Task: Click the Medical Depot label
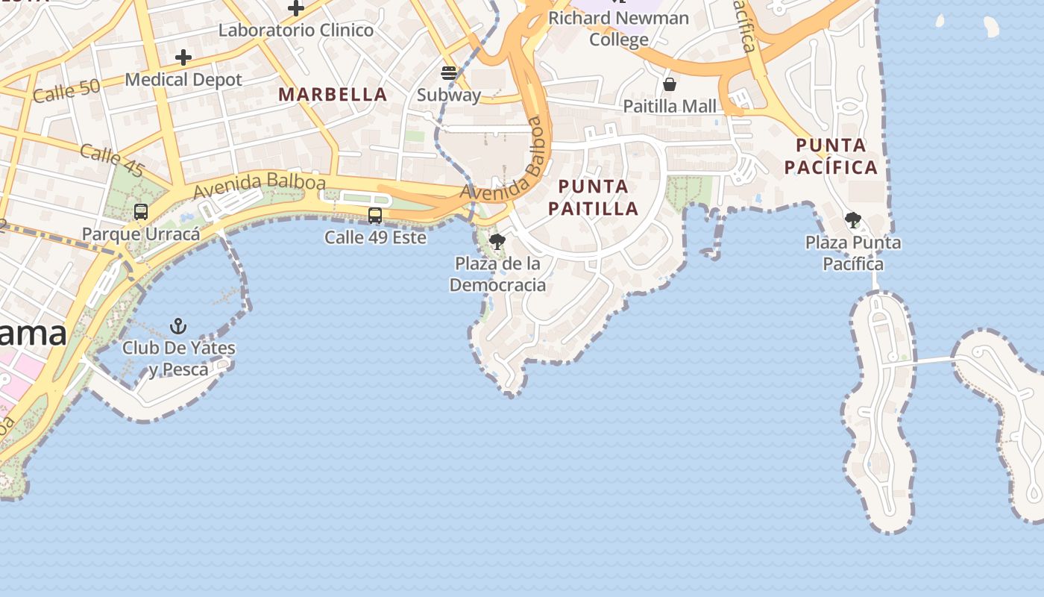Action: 183,80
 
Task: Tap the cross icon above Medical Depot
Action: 183,57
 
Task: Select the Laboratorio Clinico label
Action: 296,31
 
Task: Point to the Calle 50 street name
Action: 66,91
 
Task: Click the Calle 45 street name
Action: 112,160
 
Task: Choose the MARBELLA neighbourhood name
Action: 333,95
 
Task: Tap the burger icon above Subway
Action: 449,72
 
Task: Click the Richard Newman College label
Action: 619,28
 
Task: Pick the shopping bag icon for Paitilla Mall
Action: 670,84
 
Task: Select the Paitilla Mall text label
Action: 670,106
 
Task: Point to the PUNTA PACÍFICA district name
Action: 831,156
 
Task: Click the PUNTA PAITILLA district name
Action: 594,197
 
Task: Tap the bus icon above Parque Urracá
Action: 141,212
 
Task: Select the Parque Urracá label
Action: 141,234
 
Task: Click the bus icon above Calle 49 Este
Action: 375,216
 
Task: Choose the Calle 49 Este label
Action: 375,238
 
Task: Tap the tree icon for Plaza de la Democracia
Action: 497,242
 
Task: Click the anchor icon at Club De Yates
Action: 178,326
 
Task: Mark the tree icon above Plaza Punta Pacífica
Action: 853,220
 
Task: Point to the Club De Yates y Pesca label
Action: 179,358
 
